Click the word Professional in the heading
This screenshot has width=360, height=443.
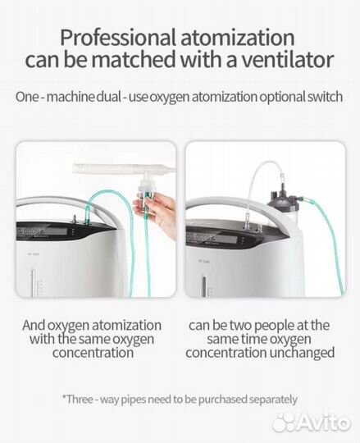117,38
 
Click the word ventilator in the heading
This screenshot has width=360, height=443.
286,60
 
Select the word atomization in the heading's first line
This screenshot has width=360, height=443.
238,37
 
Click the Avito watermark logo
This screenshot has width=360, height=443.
312,422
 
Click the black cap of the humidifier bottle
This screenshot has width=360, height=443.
285,197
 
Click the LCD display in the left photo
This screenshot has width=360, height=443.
42,231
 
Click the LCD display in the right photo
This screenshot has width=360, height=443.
212,238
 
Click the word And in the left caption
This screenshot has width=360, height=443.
34,325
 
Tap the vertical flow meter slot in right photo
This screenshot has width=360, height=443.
204,285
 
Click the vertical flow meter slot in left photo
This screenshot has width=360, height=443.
34,282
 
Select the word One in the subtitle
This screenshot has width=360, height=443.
27,97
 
